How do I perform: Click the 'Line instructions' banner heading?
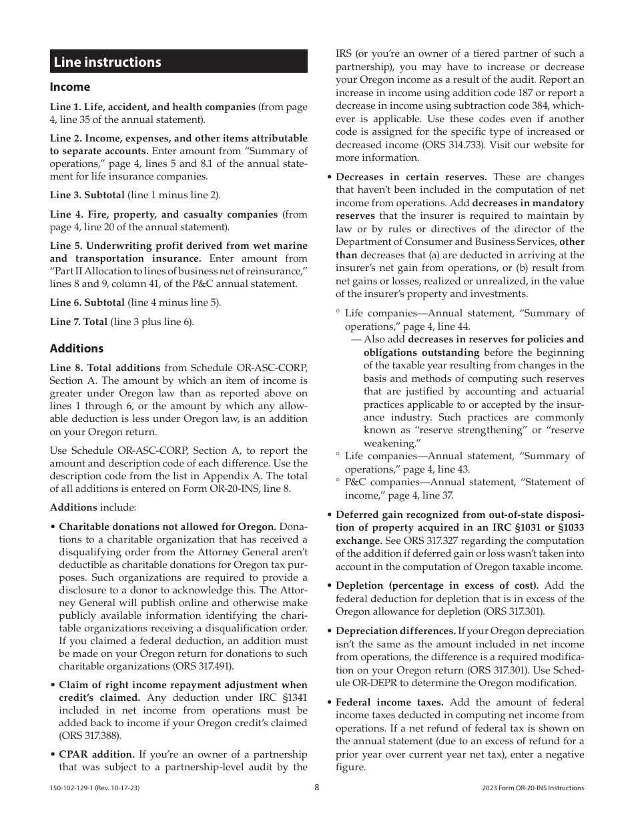point(107,62)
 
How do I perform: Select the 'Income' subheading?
point(70,87)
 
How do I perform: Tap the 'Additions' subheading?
point(77,348)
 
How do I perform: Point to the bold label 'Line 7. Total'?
point(79,322)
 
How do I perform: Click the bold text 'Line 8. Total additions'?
point(105,368)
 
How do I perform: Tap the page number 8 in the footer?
point(317,788)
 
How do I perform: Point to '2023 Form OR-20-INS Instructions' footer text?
point(533,788)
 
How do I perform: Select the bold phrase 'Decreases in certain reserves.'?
point(411,177)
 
